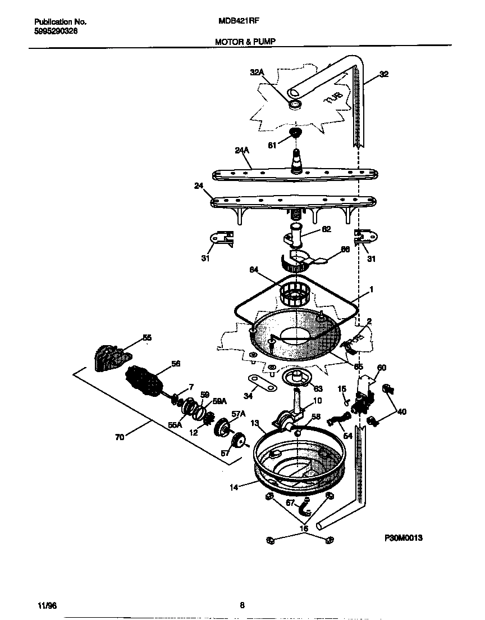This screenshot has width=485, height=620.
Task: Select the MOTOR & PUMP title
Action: pos(245,41)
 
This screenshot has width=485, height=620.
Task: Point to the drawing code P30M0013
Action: pos(403,538)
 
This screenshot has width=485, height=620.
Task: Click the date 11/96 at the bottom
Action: pos(48,605)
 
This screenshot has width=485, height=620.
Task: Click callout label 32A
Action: pos(257,71)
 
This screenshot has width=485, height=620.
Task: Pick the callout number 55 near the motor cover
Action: pos(147,338)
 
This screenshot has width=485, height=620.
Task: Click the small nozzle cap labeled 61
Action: pos(294,134)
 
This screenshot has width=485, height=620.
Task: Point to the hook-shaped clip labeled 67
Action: pos(307,508)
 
